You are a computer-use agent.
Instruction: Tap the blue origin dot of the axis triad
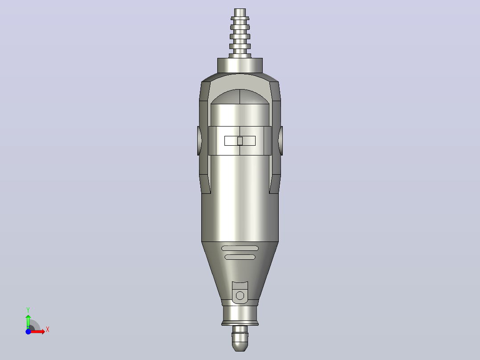pos(28,331)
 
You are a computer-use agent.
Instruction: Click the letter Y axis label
pos(28,310)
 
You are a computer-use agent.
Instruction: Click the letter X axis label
pos(48,330)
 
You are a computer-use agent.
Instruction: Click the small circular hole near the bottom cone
pos(240,296)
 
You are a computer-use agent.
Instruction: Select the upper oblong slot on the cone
pos(240,248)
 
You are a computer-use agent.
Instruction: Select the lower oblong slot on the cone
pos(240,257)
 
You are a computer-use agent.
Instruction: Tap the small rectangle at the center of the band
pos(240,141)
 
